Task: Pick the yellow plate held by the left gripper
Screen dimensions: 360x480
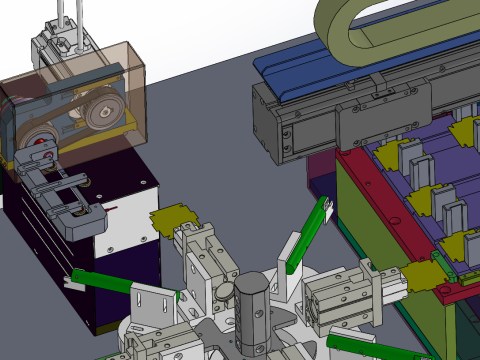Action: (173, 217)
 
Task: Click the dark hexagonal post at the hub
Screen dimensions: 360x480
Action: (252, 310)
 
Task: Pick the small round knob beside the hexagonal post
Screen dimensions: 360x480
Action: (228, 291)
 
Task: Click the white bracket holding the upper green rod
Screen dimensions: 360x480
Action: (293, 249)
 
